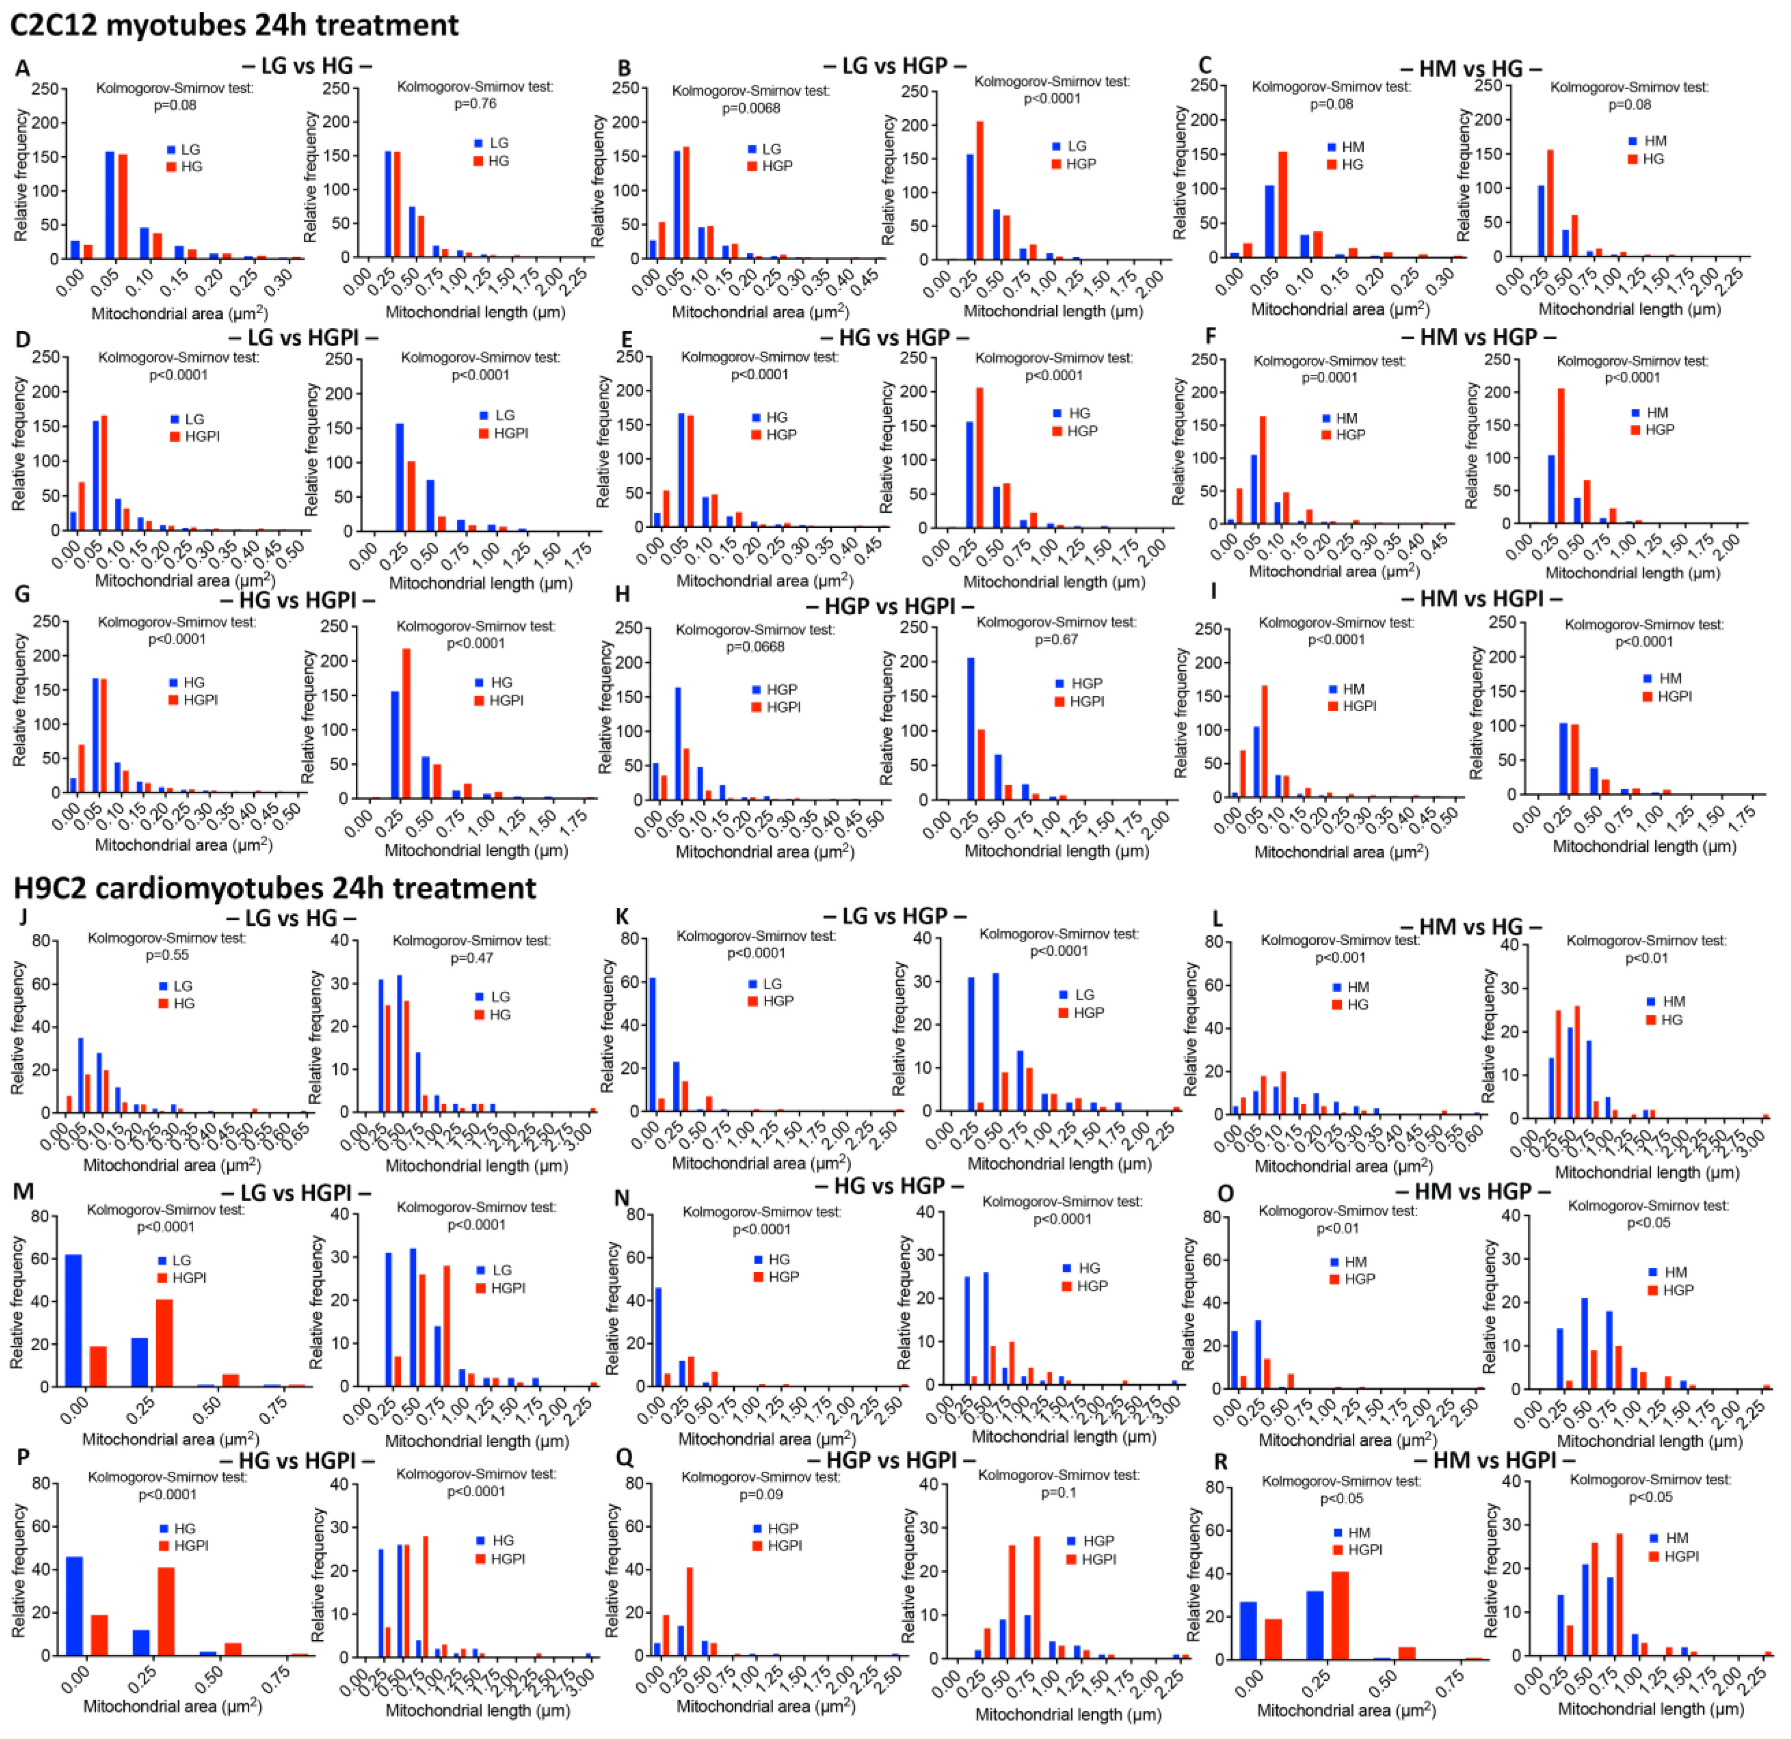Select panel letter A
point(22,68)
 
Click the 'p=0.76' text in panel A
point(475,103)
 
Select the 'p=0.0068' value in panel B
point(751,108)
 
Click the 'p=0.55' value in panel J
point(167,955)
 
